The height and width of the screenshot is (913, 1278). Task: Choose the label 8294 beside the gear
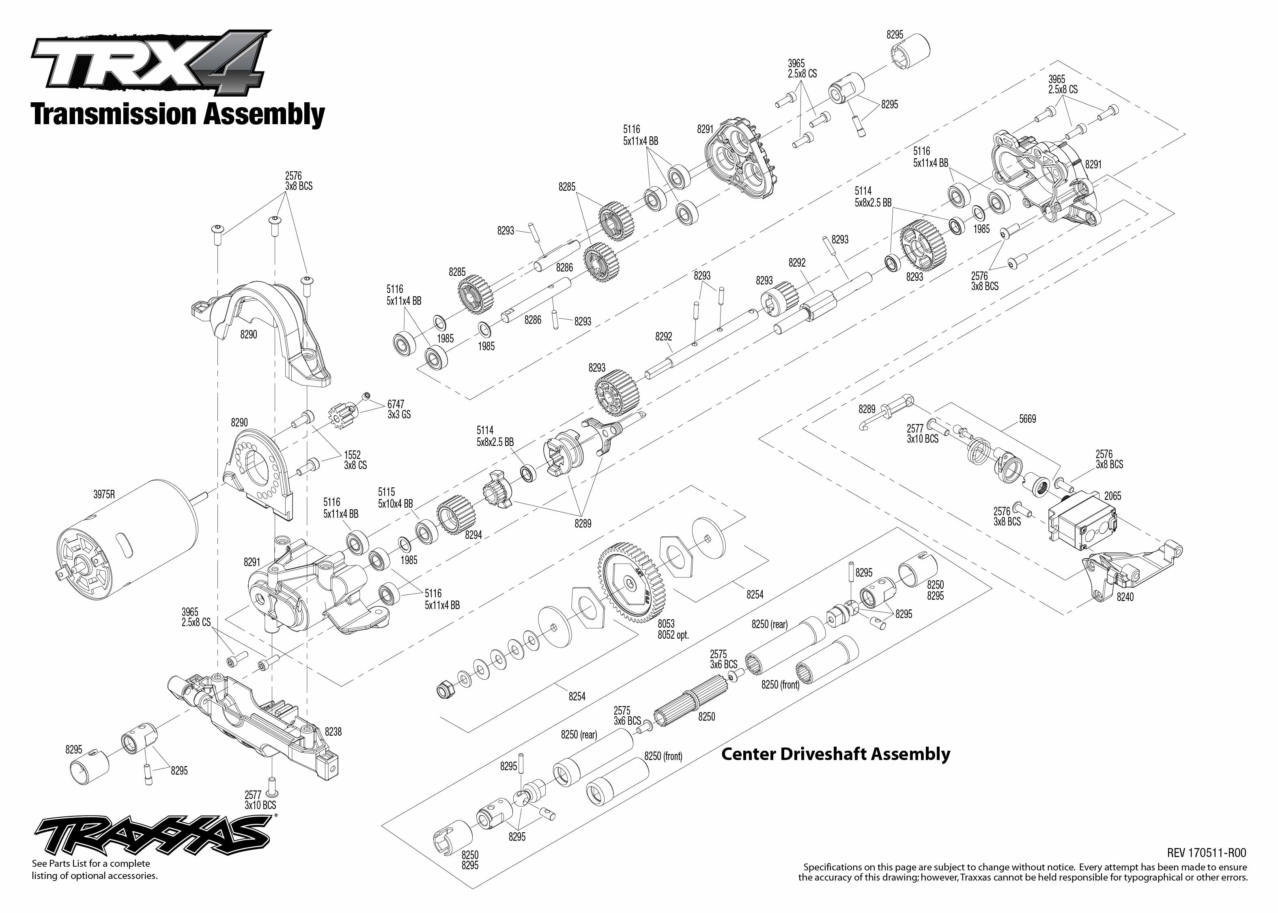click(x=473, y=535)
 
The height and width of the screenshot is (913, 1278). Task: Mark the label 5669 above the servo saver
click(x=1027, y=419)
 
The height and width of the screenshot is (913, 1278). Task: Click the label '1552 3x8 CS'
click(x=355, y=460)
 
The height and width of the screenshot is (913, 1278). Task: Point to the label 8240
click(x=1125, y=597)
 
